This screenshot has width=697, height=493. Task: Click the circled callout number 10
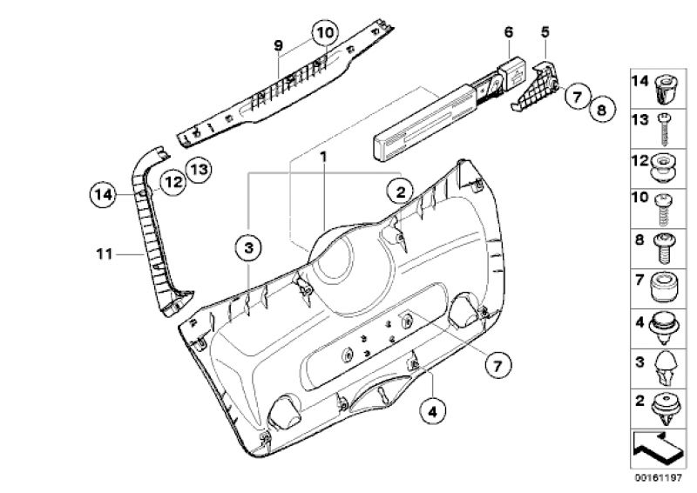tap(325, 33)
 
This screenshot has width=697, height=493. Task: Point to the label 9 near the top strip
tap(278, 45)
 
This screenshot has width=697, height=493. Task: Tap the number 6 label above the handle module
tap(509, 32)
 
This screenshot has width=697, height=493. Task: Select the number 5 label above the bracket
tap(545, 32)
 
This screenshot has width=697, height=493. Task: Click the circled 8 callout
tap(602, 109)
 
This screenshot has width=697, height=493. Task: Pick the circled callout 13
tap(199, 169)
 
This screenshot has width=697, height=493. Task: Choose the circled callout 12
tap(173, 182)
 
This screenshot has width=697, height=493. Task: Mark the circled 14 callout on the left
tap(103, 195)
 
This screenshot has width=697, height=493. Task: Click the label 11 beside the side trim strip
tap(104, 254)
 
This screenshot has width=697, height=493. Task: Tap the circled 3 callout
tap(248, 247)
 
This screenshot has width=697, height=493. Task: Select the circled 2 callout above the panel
tap(400, 192)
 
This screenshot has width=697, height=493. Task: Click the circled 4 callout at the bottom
tap(432, 412)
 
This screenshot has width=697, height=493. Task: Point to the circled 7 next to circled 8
tap(577, 97)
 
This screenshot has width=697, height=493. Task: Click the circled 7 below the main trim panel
tap(497, 366)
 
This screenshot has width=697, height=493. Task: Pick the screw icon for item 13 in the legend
tap(664, 130)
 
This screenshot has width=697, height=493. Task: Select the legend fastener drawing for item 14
tap(664, 89)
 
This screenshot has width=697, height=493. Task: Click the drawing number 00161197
tap(659, 478)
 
